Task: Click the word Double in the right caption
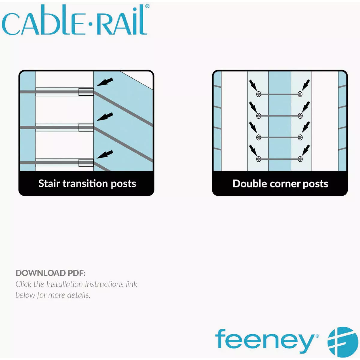250,184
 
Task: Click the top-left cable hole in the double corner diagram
258,94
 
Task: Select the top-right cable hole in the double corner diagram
300,94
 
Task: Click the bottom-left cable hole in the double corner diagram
258,159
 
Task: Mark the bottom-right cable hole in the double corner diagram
300,159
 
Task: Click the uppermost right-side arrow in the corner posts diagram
306,85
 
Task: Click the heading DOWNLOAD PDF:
50,273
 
